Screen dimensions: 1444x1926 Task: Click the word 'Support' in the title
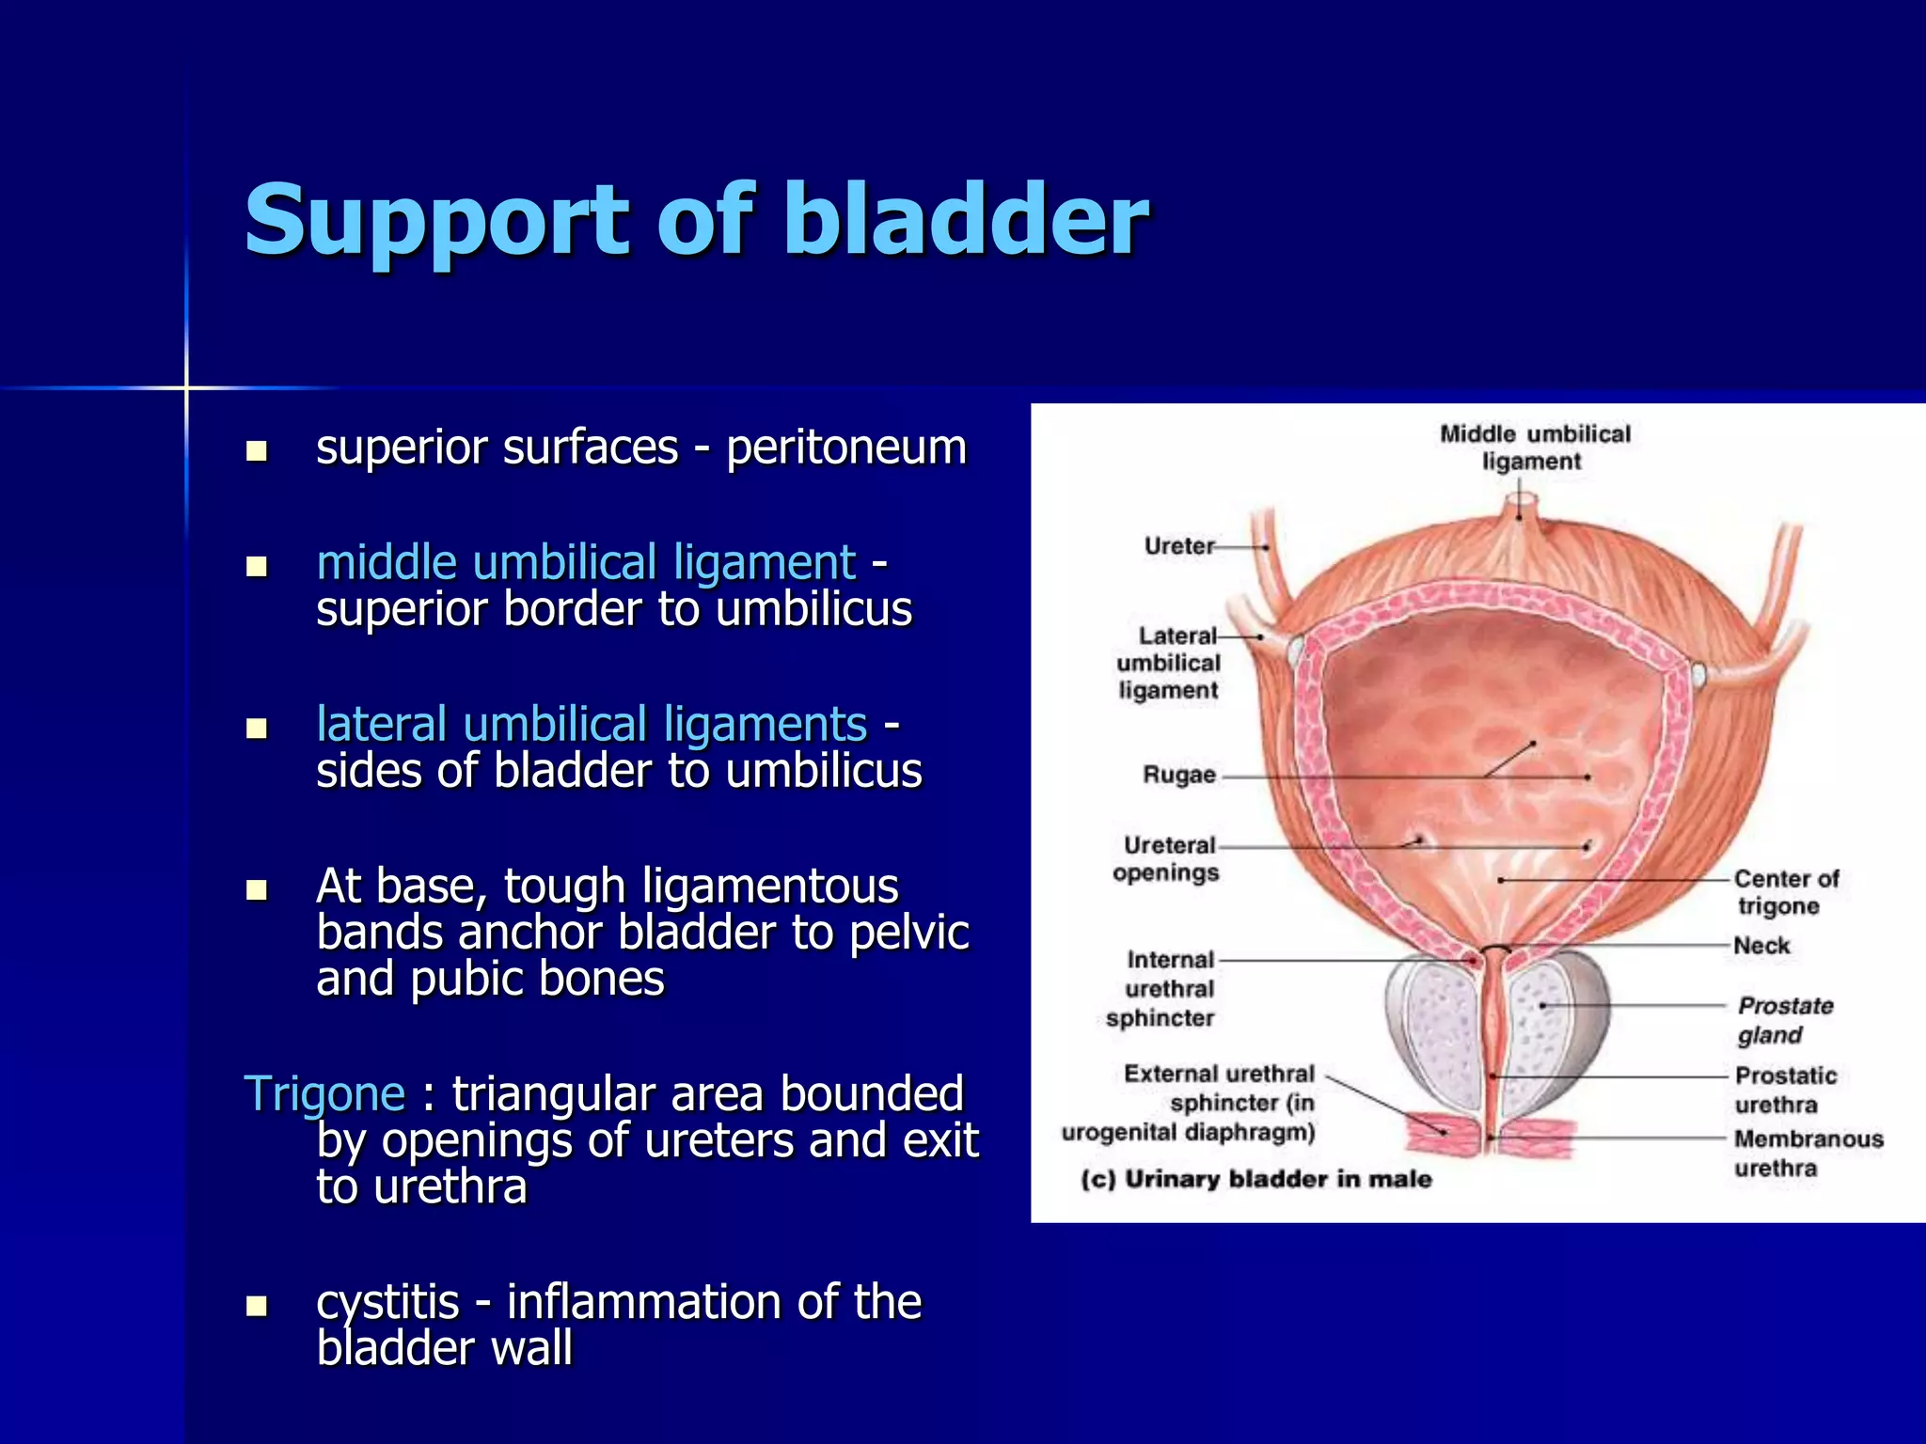437,221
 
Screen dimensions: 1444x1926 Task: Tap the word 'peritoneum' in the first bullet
846,447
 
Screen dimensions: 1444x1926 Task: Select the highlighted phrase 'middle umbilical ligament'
586,563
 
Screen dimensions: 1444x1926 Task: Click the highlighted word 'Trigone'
324,1094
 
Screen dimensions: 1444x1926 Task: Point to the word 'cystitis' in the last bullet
387,1302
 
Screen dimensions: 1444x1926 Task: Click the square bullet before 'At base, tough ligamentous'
256,889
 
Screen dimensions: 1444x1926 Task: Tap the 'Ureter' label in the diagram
1178,546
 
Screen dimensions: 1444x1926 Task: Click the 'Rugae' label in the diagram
1178,776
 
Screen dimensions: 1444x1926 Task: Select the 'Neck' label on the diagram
1761,946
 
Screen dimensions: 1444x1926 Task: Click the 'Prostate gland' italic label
1784,1020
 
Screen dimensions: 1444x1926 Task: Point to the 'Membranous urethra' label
1807,1154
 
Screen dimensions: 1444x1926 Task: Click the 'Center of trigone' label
1784,892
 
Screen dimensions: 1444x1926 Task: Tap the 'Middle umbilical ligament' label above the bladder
1534,447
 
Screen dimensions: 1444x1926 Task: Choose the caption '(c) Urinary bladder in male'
1255,1179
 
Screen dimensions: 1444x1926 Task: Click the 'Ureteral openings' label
1167,859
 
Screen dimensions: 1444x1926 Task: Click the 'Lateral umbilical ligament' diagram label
1169,663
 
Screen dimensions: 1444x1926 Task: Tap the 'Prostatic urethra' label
1784,1090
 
